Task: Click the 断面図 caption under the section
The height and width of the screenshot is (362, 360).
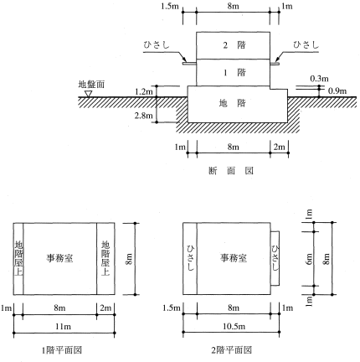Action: tap(231, 171)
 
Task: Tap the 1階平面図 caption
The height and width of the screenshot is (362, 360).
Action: tap(62, 350)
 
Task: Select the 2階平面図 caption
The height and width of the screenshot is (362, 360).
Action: tap(231, 350)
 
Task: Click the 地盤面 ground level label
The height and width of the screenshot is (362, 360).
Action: tap(91, 84)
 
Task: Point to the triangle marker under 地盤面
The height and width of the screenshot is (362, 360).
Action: tap(89, 94)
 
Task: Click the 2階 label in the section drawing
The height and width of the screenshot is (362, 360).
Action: tap(234, 45)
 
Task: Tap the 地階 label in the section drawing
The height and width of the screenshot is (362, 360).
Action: tap(232, 103)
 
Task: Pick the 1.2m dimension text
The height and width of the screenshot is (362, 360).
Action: tap(144, 91)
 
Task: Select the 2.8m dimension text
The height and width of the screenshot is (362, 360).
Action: tap(144, 116)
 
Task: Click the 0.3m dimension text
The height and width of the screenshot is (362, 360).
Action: tap(319, 79)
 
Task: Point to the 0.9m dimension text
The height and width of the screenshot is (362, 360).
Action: tap(337, 90)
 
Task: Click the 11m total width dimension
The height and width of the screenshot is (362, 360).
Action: tap(64, 326)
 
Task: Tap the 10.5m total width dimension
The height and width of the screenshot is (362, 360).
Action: tap(234, 326)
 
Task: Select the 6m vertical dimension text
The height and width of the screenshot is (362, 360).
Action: tap(309, 259)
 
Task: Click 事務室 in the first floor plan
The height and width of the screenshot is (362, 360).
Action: tap(59, 258)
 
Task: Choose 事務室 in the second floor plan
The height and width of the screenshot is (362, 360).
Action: tap(234, 258)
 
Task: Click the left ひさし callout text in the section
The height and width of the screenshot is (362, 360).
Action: tap(157, 45)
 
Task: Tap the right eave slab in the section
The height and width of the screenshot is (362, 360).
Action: tap(275, 64)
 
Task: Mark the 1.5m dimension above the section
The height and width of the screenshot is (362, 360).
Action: tap(170, 6)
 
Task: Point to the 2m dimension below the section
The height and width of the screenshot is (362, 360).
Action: tap(279, 147)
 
